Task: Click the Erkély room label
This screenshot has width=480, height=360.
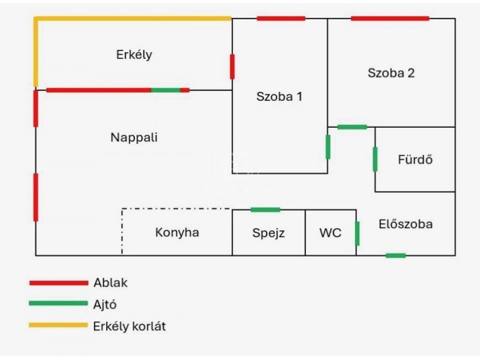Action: coord(134,55)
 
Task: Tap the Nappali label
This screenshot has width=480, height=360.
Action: coord(134,137)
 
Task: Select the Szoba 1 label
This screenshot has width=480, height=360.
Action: coord(279,96)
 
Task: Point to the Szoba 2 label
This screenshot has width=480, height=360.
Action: coord(391,73)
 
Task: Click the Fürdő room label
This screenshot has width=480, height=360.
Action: coord(415,160)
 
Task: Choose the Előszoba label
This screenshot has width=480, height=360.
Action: coord(406,224)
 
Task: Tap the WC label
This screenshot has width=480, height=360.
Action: coord(330,233)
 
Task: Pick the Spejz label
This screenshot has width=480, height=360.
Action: coord(268,233)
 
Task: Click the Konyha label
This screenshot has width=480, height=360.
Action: coord(177,232)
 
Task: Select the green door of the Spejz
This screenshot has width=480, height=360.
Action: coord(265,209)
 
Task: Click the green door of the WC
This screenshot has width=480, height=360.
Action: coord(357,233)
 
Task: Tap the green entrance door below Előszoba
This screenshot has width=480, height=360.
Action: coord(395,256)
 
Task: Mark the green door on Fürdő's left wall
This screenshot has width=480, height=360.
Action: coord(375,159)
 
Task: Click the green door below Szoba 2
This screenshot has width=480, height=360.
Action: coord(352,127)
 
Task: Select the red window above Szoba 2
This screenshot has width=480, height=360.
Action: coord(390,19)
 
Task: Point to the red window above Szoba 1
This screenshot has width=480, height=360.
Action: coord(281,19)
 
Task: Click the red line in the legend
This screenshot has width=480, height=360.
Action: coord(58,283)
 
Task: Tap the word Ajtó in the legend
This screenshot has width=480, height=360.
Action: coord(105,305)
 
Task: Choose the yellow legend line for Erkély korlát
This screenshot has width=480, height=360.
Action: coord(58,325)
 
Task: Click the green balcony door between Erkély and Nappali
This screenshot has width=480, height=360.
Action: coord(166,90)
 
